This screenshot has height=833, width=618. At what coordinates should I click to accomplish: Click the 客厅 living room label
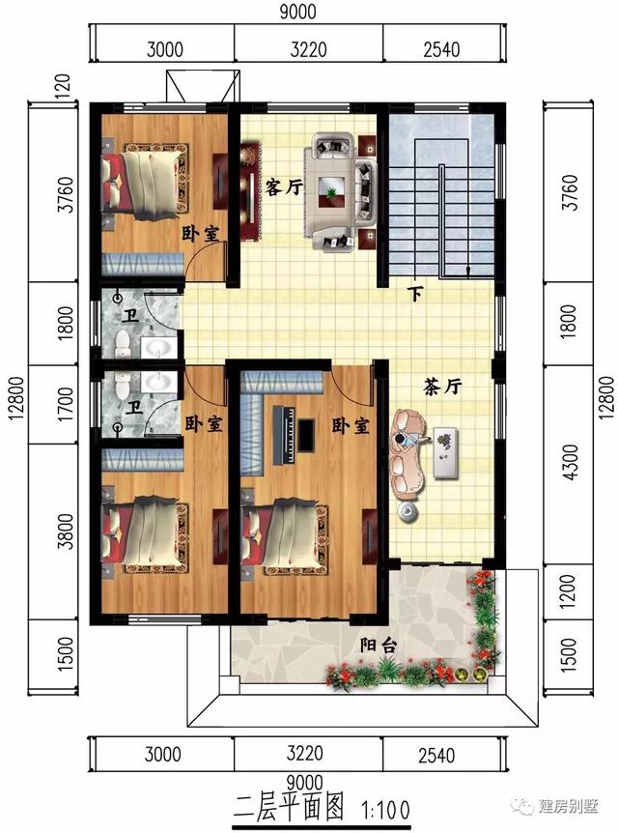point(283,187)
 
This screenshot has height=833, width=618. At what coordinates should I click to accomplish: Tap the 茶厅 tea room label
point(443,385)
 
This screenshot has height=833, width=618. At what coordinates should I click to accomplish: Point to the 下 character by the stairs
point(416,294)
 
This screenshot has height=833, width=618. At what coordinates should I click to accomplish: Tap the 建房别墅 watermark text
point(571,806)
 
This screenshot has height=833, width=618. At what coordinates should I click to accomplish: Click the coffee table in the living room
point(333,187)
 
